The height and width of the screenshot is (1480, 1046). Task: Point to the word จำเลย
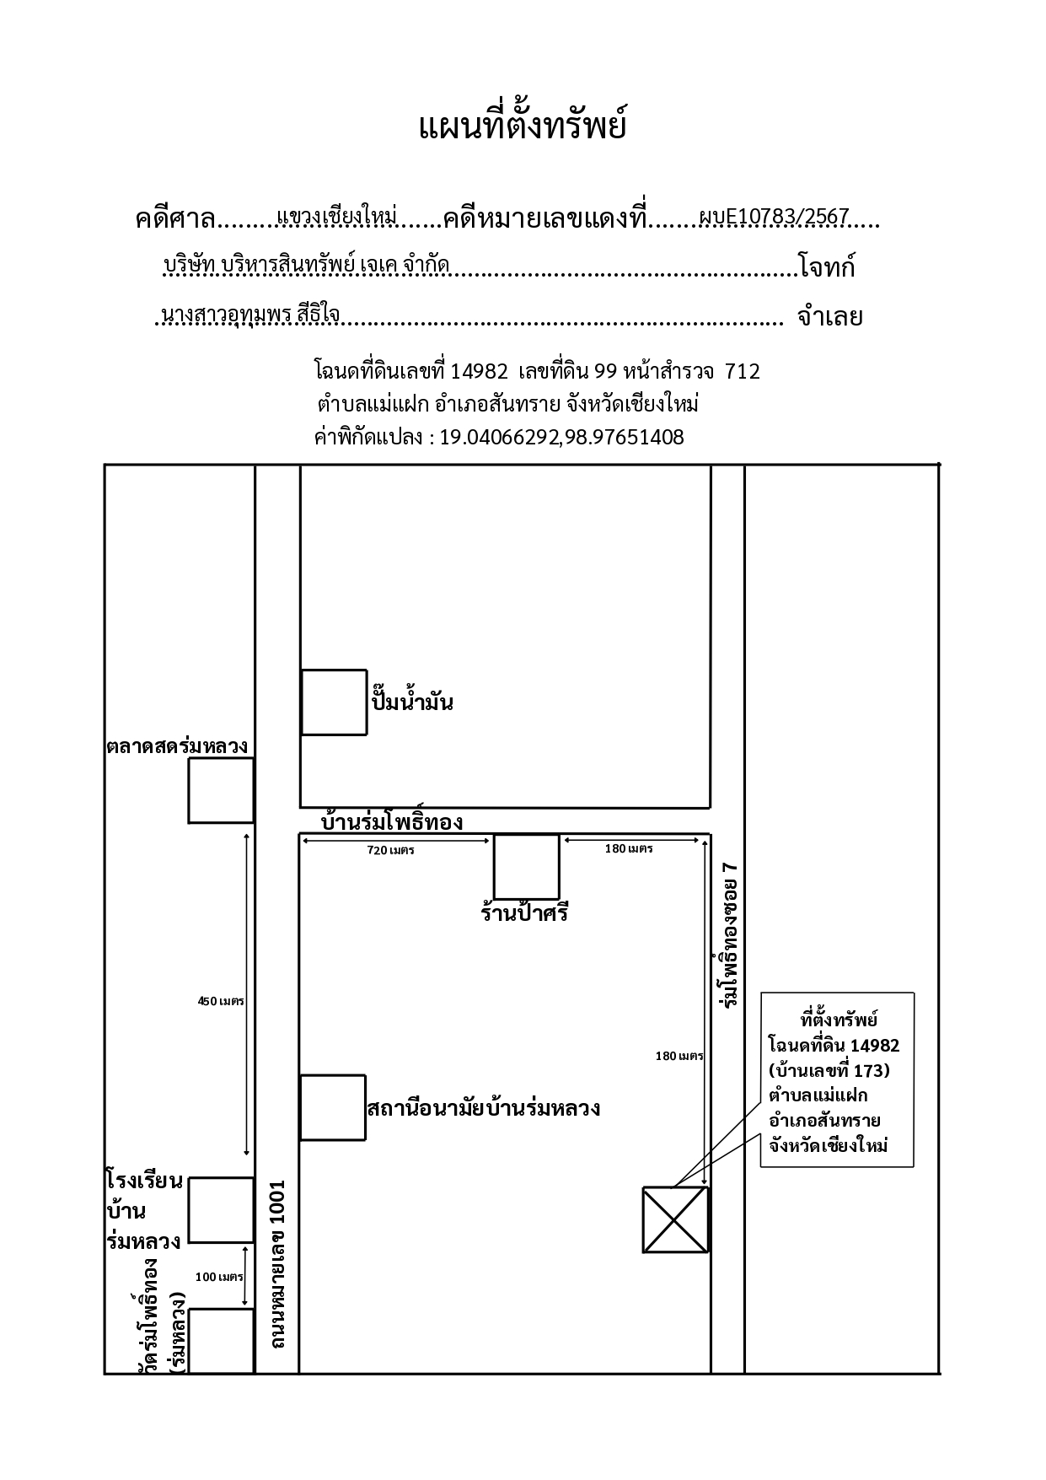click(x=829, y=317)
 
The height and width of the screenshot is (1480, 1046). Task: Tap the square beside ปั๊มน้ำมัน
click(x=335, y=702)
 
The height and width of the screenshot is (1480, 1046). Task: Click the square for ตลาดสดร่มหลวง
click(x=221, y=790)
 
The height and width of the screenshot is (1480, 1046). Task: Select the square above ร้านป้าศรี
click(x=527, y=867)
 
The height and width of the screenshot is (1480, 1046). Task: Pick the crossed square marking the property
click(x=675, y=1220)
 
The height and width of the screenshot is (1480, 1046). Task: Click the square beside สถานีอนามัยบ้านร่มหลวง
click(x=333, y=1107)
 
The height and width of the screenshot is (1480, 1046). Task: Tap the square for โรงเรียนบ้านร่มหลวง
click(x=221, y=1210)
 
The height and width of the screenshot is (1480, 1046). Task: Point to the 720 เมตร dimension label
click(x=390, y=850)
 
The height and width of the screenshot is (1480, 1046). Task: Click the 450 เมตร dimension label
click(x=221, y=1001)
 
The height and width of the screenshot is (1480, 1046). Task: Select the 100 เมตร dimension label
click(x=219, y=1276)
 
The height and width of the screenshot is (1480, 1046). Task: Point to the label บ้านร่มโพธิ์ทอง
click(x=393, y=821)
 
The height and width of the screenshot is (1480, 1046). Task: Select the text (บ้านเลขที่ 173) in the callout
click(x=829, y=1070)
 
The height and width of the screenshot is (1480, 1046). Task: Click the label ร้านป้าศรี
click(x=525, y=912)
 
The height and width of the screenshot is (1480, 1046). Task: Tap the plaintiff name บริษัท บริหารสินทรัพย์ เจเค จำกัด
click(x=307, y=266)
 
